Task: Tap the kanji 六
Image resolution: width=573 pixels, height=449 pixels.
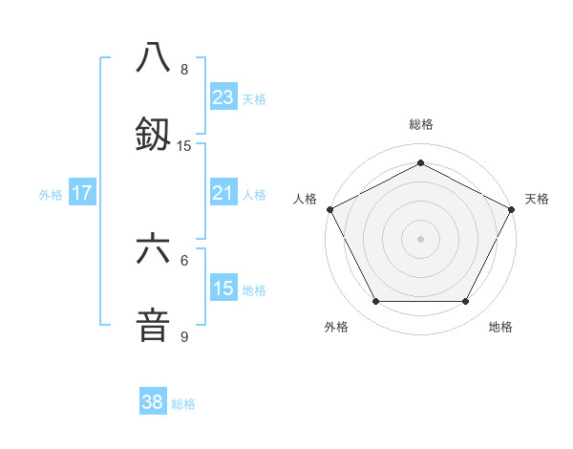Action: [x=154, y=249]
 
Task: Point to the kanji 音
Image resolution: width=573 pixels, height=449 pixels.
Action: [x=154, y=324]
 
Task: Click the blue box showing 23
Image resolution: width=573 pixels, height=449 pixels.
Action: [x=223, y=97]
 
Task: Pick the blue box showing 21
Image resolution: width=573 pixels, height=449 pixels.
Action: [x=223, y=193]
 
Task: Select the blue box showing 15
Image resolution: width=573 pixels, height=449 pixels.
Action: [x=223, y=289]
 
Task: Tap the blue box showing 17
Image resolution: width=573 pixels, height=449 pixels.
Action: [x=82, y=193]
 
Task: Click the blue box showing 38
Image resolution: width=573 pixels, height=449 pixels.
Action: [x=152, y=402]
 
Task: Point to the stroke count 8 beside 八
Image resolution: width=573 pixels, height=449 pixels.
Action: [x=184, y=70]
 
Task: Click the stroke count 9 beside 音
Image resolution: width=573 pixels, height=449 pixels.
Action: [x=184, y=337]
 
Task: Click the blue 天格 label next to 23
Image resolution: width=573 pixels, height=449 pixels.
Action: [x=254, y=98]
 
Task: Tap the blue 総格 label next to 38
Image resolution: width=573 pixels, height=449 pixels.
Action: [x=183, y=403]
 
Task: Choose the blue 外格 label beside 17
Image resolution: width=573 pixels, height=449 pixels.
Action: [x=51, y=194]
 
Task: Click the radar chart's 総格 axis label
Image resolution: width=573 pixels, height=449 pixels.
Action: [x=420, y=124]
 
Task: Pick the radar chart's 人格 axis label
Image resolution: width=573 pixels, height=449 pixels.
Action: [x=305, y=199]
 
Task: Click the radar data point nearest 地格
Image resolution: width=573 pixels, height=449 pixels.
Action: [x=466, y=302]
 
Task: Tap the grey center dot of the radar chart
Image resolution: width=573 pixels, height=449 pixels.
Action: [x=420, y=238]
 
